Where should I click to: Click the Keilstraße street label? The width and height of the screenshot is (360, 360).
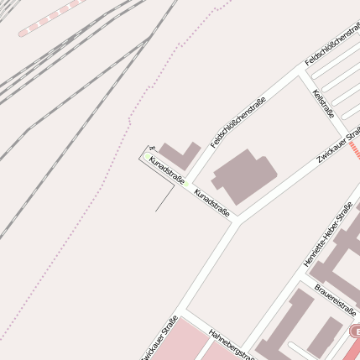tap(324, 105)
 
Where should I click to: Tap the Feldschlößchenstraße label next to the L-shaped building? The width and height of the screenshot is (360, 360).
tap(238, 123)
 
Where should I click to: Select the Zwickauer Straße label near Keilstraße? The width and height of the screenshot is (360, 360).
tap(339, 144)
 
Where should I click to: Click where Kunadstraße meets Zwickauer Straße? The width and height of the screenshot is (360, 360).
tap(238, 221)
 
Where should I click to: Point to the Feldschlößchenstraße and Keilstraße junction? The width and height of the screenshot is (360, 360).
tap(305, 73)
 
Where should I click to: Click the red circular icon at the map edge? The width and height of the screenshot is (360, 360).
tap(355, 333)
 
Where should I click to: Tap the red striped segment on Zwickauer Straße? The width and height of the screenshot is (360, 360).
tap(354, 149)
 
